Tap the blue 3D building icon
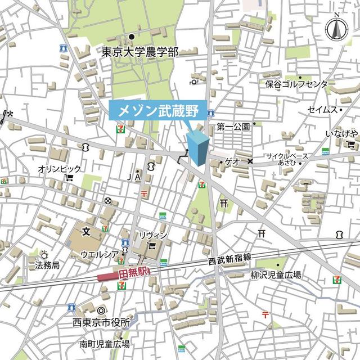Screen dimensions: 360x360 tap(197, 148)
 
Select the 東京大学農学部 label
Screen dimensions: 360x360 tap(140, 52)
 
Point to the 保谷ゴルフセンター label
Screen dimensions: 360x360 tap(300, 84)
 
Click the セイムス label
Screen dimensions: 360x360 tap(322, 110)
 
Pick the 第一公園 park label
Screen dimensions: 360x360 tap(233, 127)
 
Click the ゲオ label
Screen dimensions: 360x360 tap(232, 161)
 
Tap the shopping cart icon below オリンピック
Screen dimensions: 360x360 tap(69, 178)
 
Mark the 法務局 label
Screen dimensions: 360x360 tap(47, 264)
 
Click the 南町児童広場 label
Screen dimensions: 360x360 tap(105, 344)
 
